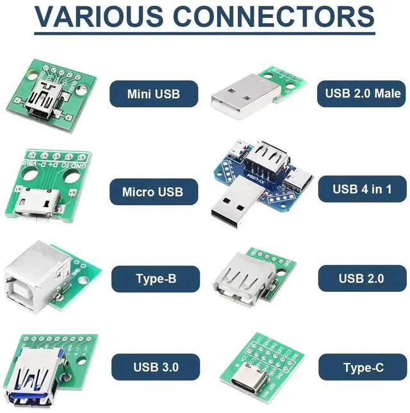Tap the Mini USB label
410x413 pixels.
[x=154, y=94]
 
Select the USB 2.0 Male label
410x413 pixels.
[x=362, y=94]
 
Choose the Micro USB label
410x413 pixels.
[x=154, y=191]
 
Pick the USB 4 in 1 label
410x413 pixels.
[x=362, y=189]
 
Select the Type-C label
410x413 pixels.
[x=363, y=367]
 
